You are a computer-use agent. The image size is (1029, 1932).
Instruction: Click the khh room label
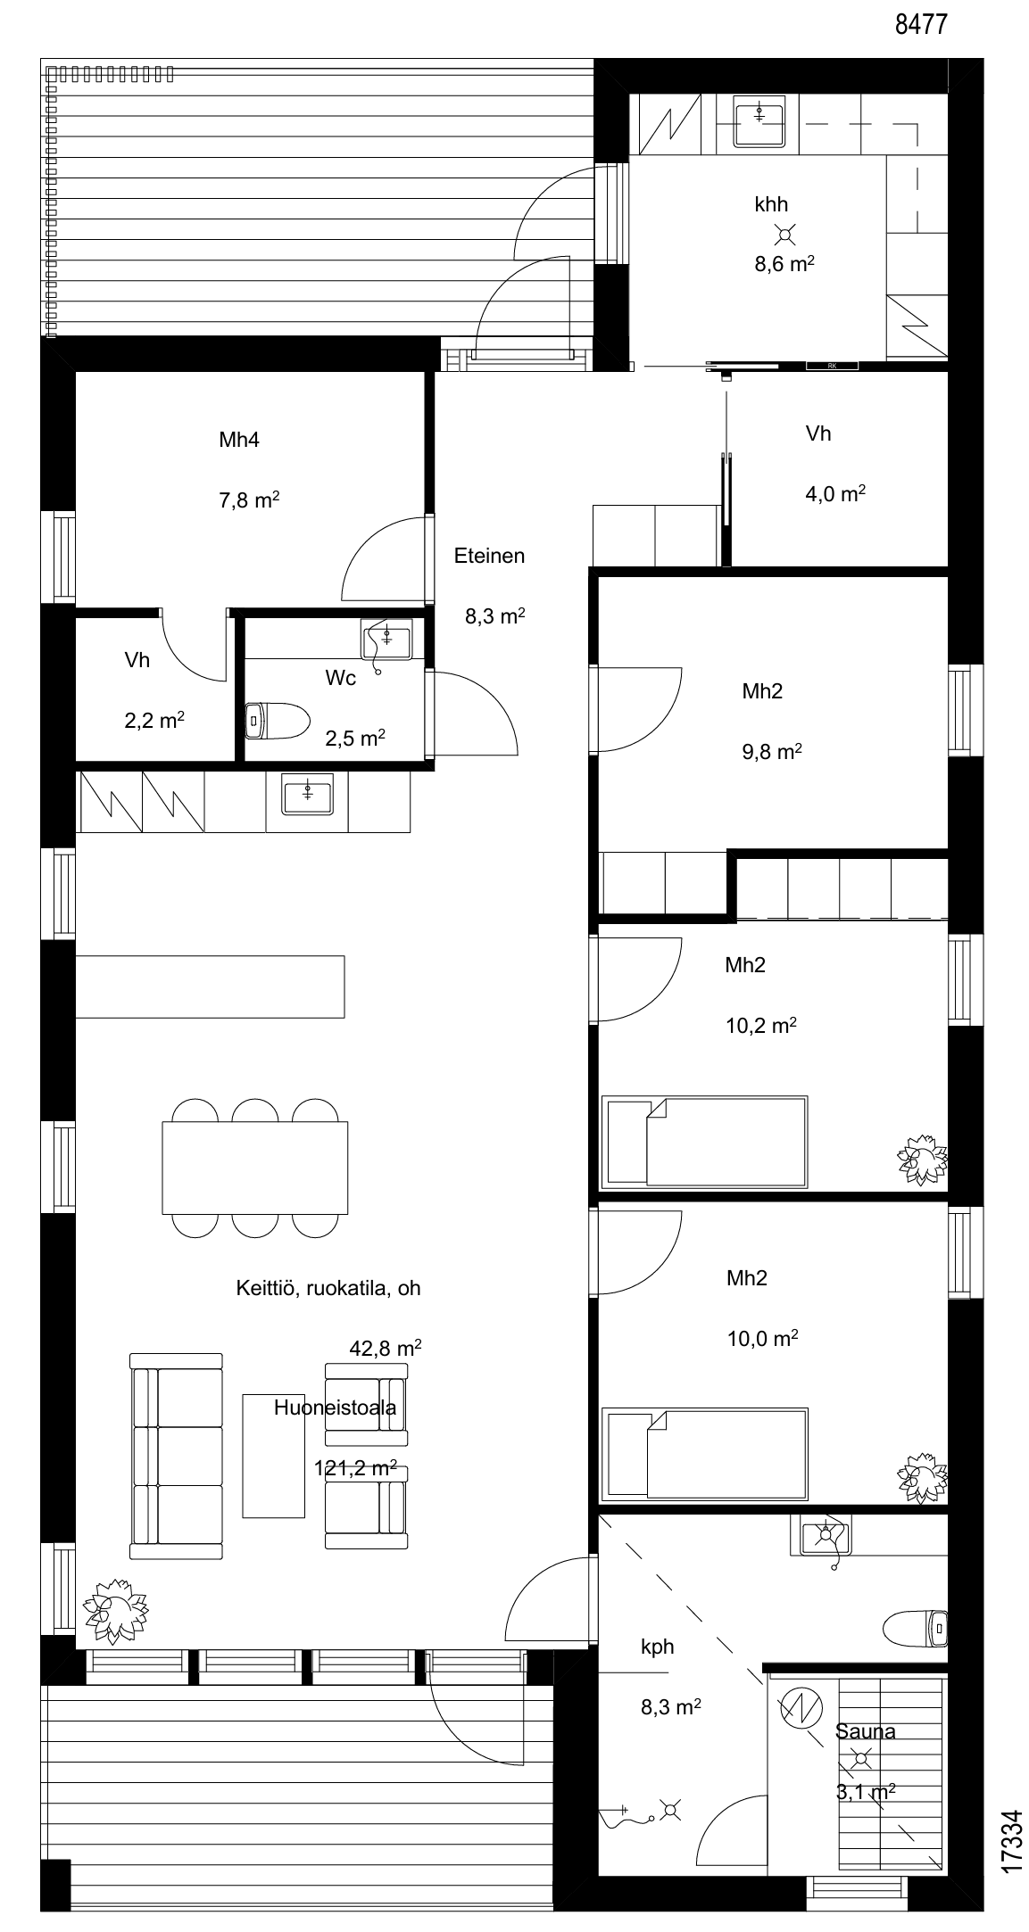point(771,204)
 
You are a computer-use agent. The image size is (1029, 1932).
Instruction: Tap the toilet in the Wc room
point(277,720)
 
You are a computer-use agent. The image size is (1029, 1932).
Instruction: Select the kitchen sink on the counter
point(307,794)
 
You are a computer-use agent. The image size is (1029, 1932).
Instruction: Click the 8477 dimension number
point(921,24)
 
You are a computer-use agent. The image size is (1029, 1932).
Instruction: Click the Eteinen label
point(489,556)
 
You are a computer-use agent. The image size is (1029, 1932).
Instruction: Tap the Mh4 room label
point(239,440)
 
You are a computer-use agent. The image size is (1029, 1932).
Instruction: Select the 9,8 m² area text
point(771,751)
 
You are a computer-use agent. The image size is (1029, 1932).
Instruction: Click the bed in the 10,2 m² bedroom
point(705,1143)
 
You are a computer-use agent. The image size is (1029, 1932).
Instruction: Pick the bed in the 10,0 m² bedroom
point(705,1455)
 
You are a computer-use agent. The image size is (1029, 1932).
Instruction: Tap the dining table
point(254,1168)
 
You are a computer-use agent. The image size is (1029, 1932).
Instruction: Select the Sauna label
point(866,1731)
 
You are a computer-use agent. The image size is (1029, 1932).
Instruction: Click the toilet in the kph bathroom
point(914,1628)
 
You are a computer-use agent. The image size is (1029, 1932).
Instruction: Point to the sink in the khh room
point(759,124)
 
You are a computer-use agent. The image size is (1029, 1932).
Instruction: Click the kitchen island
point(211,987)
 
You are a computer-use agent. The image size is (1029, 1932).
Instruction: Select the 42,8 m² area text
point(386,1348)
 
